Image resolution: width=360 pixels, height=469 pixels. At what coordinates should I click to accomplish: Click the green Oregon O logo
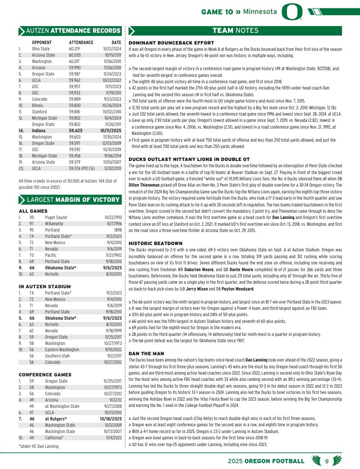[291, 12]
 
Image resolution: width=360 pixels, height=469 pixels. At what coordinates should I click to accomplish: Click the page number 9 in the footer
[327, 461]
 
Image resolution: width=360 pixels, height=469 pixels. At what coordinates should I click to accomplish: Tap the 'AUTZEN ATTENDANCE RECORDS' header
[73, 31]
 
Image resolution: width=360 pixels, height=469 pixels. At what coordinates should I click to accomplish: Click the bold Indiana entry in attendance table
[38, 130]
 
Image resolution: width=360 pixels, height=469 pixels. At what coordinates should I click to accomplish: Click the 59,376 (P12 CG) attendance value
[81, 168]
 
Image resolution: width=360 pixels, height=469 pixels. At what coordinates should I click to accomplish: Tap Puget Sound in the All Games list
[56, 217]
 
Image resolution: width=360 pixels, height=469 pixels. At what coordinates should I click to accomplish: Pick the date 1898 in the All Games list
[118, 230]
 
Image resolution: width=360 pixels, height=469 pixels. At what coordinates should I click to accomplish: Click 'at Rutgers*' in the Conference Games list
[56, 419]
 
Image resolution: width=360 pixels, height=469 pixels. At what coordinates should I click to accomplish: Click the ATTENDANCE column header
[81, 42]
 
